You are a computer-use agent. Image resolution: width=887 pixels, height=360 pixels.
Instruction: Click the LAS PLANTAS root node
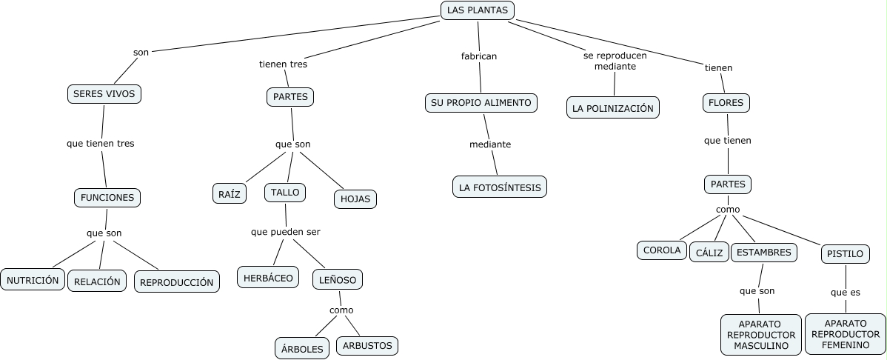pyautogui.click(x=478, y=10)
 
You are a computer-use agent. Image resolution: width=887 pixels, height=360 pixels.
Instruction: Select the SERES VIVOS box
pyautogui.click(x=104, y=95)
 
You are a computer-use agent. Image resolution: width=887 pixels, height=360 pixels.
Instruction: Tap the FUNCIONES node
pyautogui.click(x=107, y=198)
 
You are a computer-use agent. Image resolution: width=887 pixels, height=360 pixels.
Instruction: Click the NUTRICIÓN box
pyautogui.click(x=33, y=280)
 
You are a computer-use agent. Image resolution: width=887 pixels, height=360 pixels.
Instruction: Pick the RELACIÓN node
pyautogui.click(x=97, y=281)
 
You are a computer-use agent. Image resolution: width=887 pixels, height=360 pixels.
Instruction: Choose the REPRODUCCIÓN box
pyautogui.click(x=177, y=281)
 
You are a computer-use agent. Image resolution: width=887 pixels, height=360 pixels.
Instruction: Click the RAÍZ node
pyautogui.click(x=230, y=193)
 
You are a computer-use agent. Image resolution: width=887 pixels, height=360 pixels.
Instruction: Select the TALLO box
pyautogui.click(x=285, y=192)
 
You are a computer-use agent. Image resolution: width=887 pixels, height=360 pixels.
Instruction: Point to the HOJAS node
pyautogui.click(x=356, y=199)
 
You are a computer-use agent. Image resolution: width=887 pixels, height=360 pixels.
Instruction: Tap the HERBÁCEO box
pyautogui.click(x=268, y=278)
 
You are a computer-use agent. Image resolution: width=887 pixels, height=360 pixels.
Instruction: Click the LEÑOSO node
pyautogui.click(x=338, y=279)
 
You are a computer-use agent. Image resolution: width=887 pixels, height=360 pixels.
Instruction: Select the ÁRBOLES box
pyautogui.click(x=304, y=348)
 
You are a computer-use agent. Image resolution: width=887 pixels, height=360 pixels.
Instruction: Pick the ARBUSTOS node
pyautogui.click(x=367, y=345)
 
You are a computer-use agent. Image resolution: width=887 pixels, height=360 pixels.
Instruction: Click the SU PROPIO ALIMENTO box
pyautogui.click(x=481, y=103)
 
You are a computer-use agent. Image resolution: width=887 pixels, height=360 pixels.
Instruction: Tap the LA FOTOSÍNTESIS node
pyautogui.click(x=500, y=187)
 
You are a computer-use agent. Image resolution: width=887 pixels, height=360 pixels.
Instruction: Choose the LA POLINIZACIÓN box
pyautogui.click(x=613, y=107)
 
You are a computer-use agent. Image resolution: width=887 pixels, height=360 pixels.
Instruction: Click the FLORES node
pyautogui.click(x=726, y=103)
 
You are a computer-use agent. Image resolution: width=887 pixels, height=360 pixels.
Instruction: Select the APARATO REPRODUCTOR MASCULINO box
pyautogui.click(x=761, y=335)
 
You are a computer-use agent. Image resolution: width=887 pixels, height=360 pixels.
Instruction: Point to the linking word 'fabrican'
pyautogui.click(x=479, y=56)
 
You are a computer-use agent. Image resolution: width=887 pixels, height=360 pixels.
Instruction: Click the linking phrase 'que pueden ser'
pyautogui.click(x=286, y=232)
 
